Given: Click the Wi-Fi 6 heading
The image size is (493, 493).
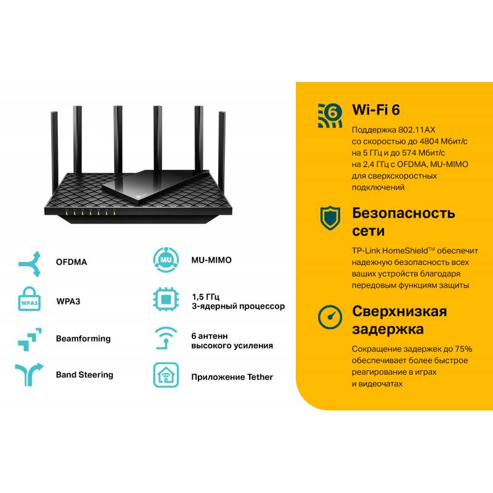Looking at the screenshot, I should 375,110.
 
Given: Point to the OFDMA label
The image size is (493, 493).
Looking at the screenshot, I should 71,262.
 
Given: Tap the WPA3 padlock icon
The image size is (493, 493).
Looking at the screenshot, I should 29,301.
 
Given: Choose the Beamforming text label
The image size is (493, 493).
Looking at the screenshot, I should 83,338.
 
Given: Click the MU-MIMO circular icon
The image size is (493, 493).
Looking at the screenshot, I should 165,261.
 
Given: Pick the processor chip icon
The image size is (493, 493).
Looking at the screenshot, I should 165,301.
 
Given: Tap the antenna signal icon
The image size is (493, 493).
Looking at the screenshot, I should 165,338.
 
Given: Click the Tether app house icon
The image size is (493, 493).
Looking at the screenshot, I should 165,375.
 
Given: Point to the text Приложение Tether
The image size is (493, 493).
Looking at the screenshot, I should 232,377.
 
